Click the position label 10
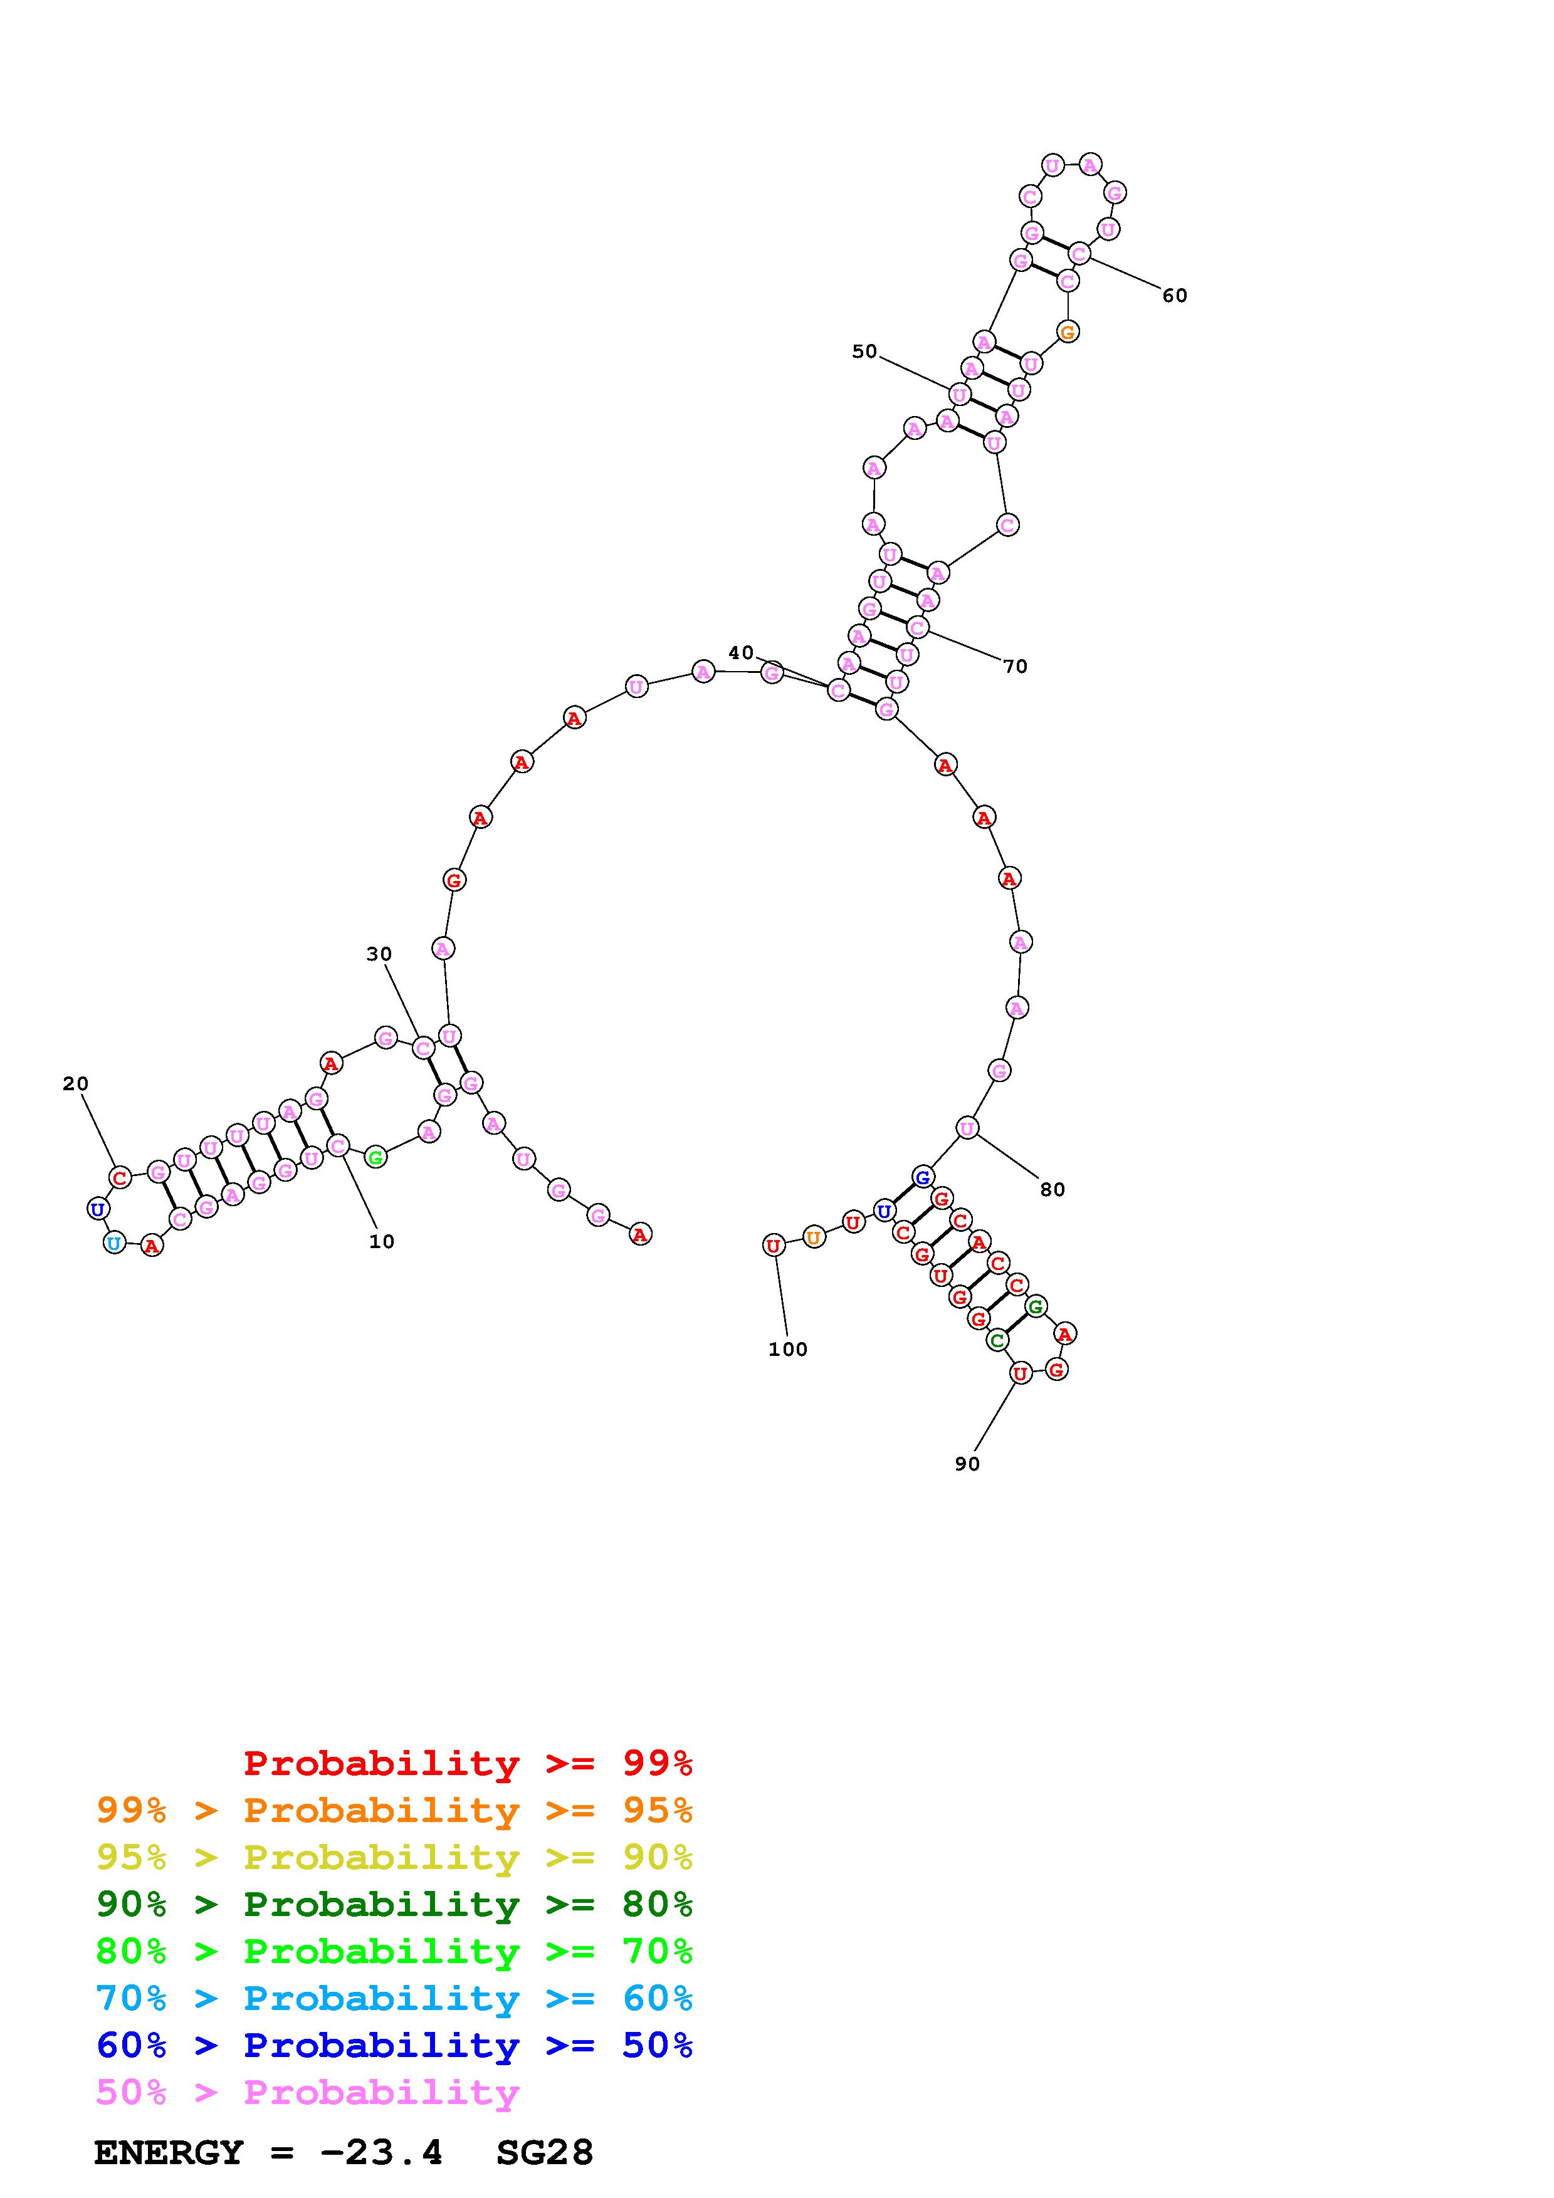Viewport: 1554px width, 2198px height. click(x=381, y=1242)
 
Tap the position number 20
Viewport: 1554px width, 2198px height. click(x=76, y=1084)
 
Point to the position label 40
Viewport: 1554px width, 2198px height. click(x=741, y=653)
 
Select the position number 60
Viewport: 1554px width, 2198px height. click(x=1175, y=296)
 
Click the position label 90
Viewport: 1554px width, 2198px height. click(x=967, y=1464)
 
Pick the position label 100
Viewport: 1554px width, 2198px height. click(x=788, y=1350)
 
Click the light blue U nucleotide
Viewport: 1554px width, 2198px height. click(x=114, y=1244)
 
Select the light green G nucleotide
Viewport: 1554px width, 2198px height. click(x=376, y=1157)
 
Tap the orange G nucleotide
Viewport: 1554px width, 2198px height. click(x=1068, y=332)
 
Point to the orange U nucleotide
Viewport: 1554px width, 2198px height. click(x=813, y=1237)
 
